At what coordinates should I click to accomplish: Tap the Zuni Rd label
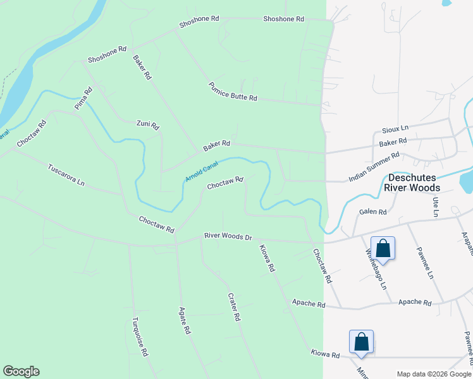148,124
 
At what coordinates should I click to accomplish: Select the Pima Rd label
83,99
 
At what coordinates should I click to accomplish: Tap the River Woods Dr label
228,237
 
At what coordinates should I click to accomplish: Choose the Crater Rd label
234,308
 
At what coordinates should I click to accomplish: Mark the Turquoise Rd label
140,337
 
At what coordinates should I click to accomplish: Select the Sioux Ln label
395,128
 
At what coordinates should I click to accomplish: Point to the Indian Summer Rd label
374,167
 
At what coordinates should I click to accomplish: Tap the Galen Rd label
372,212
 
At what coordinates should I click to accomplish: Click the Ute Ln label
436,206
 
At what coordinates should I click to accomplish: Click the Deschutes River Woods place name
422,183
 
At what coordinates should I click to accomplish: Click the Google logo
21,371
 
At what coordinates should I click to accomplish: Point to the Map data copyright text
433,374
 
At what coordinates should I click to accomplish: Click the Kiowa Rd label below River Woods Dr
267,258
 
